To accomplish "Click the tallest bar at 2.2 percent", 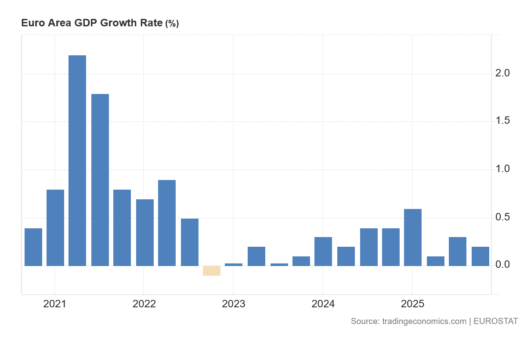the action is point(77,161).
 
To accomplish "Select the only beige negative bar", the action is point(212,270).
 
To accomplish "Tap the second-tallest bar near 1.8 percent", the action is point(100,180).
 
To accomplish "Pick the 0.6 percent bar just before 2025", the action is point(413,238).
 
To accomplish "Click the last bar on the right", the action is point(480,256).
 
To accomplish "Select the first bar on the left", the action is point(33,247).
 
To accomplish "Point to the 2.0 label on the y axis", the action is point(502,73).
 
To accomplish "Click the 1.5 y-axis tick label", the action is point(502,121).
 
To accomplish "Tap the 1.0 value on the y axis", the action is point(502,169).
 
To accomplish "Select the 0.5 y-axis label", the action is point(502,217).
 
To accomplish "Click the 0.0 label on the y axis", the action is point(502,265).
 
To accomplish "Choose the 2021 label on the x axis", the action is point(55,304).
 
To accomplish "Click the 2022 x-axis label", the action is point(144,304).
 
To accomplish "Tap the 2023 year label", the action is point(234,304).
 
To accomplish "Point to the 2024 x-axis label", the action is point(323,304).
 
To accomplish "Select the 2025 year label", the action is point(412,304).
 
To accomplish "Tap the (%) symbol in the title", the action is point(172,24).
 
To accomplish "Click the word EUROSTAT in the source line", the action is point(496,321).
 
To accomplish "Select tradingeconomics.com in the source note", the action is point(424,321).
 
